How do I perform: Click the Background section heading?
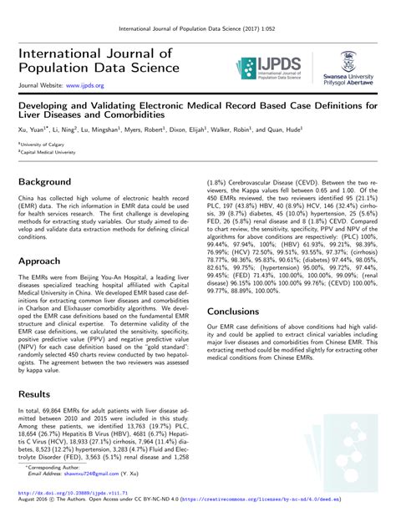click(x=44, y=182)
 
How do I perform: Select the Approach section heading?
click(x=40, y=260)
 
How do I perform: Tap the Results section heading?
click(x=35, y=393)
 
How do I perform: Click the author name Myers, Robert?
click(x=145, y=129)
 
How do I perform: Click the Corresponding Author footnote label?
click(x=51, y=468)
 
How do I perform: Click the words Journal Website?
click(x=38, y=86)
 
